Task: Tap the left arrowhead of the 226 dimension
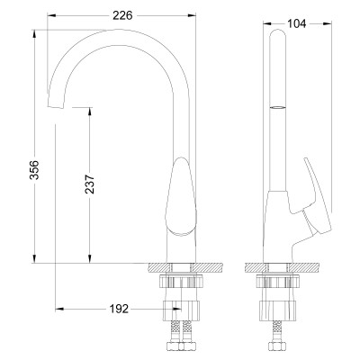pos(49,16)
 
